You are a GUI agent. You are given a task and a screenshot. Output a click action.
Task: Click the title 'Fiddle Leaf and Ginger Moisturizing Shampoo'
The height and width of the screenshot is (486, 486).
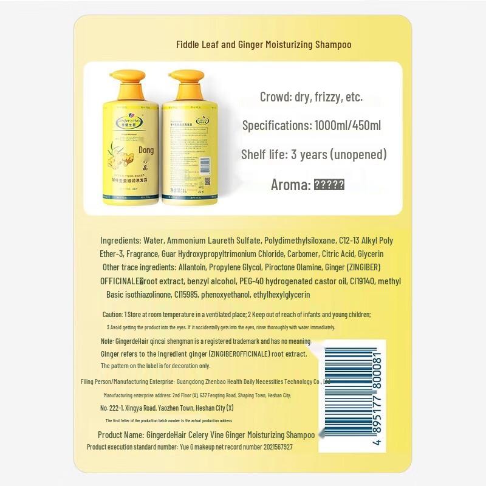pyautogui.click(x=264, y=45)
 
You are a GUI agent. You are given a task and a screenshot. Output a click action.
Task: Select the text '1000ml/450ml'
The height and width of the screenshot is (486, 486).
pyautogui.click(x=347, y=126)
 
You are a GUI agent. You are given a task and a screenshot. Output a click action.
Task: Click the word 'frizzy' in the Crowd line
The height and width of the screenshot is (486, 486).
pyautogui.click(x=327, y=97)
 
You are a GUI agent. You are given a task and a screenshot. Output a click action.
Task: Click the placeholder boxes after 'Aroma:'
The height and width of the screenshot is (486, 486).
pyautogui.click(x=329, y=185)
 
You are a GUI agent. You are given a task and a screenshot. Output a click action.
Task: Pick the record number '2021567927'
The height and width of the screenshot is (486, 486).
pyautogui.click(x=271, y=447)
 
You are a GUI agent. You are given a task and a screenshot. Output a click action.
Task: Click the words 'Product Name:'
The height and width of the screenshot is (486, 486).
pyautogui.click(x=120, y=435)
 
